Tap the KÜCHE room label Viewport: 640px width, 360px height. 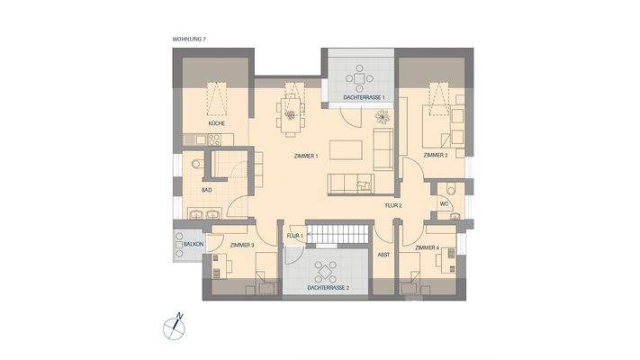coord(217,122)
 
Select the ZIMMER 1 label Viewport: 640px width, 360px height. coord(307,156)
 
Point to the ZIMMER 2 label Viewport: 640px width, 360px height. coord(435,155)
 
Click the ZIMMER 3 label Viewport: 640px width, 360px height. coord(242,245)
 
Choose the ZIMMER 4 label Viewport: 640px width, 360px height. coord(427,247)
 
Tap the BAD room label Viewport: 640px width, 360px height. coord(206,191)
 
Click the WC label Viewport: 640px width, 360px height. coord(443,203)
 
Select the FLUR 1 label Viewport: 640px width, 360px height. coord(293,236)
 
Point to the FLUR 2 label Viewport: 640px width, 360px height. coord(393,205)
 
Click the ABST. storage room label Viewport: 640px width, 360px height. coord(383,255)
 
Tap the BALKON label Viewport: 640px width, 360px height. coord(193,245)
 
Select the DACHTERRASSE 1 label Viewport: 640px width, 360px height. coord(364,96)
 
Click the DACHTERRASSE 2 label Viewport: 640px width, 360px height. coord(328,288)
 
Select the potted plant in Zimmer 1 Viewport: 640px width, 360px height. coord(383,116)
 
